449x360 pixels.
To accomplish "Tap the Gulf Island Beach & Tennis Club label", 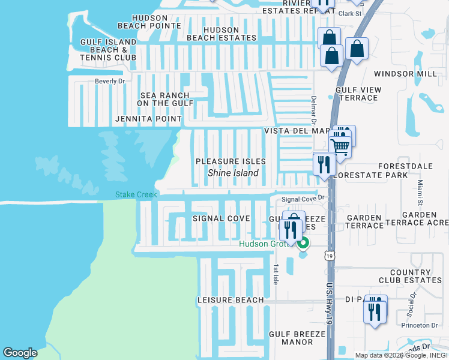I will pos(109,49).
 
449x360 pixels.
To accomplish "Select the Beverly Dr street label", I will pos(109,81).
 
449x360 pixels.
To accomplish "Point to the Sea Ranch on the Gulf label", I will pos(164,99).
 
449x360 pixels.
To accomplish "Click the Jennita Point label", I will pos(149,119).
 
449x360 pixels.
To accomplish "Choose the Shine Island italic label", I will pos(233,173).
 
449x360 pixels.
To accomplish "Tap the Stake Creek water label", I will pos(136,194).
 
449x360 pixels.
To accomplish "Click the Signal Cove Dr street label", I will pos(303,199).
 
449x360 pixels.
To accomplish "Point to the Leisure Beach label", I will pos(231,300).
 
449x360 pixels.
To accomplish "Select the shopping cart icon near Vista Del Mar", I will pos(341,146).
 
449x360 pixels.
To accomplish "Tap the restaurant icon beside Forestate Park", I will pos(324,163).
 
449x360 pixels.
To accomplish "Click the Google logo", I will pos(20,352).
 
